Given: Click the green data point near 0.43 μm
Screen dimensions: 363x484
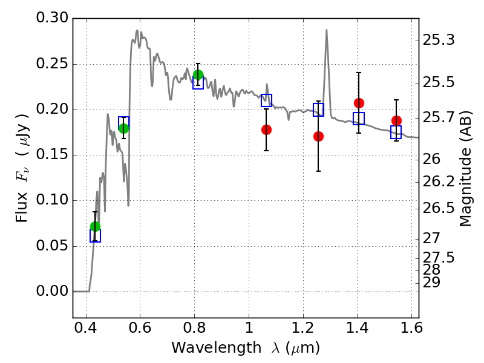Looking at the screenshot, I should point(95,226).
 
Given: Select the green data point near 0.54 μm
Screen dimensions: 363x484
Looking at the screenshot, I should point(123,128).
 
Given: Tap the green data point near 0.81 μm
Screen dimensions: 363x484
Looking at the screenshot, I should point(198,75).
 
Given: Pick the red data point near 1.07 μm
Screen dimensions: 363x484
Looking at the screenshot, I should point(266,129).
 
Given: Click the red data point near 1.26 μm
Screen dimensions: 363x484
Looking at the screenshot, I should point(318,136).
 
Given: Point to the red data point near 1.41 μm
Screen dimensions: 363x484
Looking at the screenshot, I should point(359,103).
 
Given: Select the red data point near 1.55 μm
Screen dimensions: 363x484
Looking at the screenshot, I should point(396,120).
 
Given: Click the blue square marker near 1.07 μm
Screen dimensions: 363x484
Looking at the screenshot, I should point(266,100).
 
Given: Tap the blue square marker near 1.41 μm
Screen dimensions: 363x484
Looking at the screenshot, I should point(359,119).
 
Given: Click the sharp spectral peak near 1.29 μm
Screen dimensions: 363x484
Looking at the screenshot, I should point(327,30).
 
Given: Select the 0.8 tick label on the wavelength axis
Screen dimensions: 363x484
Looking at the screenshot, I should point(194,330).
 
